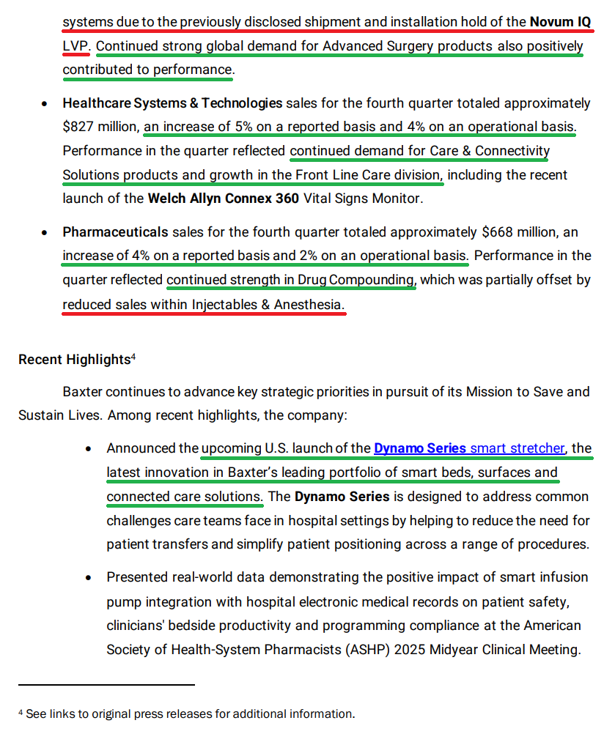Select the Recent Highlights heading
click(x=74, y=360)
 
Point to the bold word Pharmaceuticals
click(x=115, y=232)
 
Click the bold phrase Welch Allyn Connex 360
click(x=223, y=199)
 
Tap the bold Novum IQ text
click(x=560, y=22)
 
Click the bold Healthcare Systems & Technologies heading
click(x=172, y=103)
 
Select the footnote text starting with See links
click(x=190, y=713)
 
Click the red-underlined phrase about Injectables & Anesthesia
click(x=203, y=304)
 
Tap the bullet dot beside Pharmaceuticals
click(x=45, y=233)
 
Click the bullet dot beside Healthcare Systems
click(x=45, y=104)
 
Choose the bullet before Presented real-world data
click(x=89, y=578)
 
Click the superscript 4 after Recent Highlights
click(x=133, y=357)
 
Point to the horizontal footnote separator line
click(x=106, y=685)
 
